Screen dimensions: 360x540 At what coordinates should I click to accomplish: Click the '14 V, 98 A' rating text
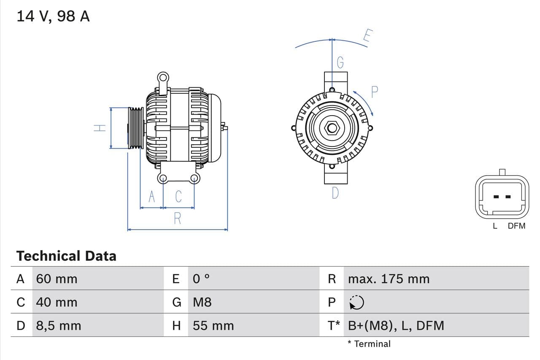tap(53, 16)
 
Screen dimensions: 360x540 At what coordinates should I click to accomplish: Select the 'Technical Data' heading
tap(66, 256)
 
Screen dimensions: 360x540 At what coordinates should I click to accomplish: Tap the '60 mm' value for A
tap(57, 279)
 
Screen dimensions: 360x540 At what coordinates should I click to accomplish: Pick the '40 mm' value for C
tap(57, 302)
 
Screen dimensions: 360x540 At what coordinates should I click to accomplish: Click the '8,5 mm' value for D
tap(58, 325)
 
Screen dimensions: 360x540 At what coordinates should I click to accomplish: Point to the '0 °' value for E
tap(201, 279)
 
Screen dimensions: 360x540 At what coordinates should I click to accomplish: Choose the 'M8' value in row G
tap(202, 302)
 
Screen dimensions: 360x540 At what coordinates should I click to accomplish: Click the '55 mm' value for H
tap(213, 325)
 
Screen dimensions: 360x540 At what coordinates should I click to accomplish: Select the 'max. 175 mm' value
tap(389, 279)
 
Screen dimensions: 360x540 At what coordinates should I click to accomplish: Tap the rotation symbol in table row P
tap(356, 302)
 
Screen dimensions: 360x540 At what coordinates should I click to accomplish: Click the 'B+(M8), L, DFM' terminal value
tap(396, 325)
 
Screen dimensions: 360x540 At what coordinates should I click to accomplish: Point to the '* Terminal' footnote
tap(369, 344)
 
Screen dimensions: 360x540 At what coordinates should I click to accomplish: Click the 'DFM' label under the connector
tap(516, 226)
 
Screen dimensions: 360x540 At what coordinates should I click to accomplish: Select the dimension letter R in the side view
tap(178, 219)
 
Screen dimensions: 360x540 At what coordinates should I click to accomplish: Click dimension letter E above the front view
tap(367, 36)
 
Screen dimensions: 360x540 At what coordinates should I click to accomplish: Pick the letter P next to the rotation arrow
tap(374, 92)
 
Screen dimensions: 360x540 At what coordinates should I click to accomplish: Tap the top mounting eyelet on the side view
tap(163, 78)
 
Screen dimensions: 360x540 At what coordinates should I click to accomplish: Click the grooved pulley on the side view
tap(136, 128)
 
